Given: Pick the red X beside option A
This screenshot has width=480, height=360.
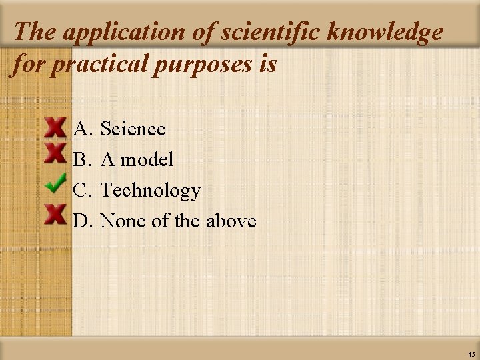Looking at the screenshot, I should [x=55, y=127].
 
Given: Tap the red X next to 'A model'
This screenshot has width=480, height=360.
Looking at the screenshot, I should [x=55, y=153].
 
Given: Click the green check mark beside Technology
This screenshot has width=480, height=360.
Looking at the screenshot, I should [x=55, y=183].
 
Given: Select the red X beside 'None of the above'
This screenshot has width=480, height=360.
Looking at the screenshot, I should [x=55, y=213].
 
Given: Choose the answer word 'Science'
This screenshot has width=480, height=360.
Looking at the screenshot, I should [x=133, y=129].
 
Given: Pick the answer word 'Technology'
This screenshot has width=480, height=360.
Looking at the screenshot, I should [x=150, y=191].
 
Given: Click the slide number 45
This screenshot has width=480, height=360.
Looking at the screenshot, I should [x=471, y=354].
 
